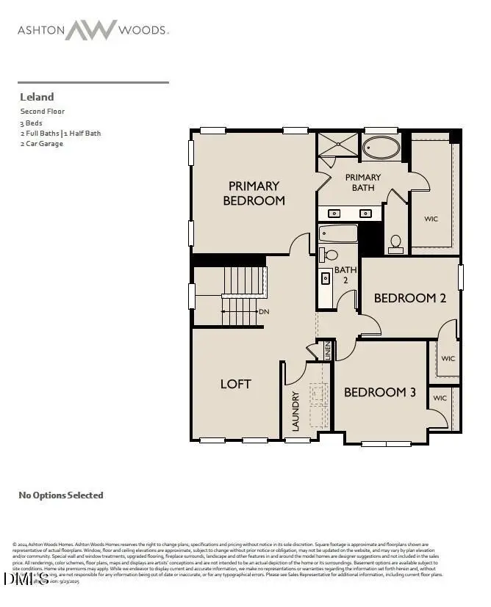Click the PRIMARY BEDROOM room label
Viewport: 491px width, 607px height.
tap(254, 193)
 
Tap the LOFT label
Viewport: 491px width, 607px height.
tap(236, 384)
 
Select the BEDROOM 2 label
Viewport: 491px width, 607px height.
tap(410, 298)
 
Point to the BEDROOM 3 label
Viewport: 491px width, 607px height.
tap(380, 392)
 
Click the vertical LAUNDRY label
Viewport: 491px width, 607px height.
tap(295, 412)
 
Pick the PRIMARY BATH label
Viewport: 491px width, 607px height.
tap(363, 182)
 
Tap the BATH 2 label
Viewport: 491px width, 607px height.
tap(345, 275)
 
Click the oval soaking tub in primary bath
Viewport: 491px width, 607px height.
tap(382, 148)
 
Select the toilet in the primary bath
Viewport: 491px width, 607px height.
tap(396, 243)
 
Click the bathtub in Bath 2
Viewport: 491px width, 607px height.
tap(338, 234)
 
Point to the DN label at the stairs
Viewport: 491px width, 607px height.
tap(264, 312)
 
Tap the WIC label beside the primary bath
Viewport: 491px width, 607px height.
tap(431, 219)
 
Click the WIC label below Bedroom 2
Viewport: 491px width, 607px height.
tap(448, 359)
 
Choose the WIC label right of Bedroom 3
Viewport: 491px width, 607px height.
tap(440, 398)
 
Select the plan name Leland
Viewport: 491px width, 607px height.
tap(36, 97)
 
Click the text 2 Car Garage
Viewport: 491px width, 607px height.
tap(42, 144)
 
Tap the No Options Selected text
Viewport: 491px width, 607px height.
tap(61, 495)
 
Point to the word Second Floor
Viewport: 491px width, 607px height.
tap(43, 112)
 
